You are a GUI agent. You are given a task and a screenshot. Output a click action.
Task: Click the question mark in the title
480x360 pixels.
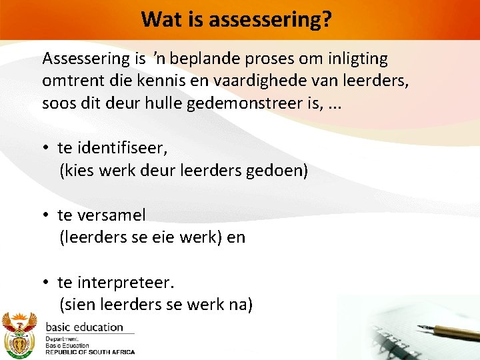(327, 19)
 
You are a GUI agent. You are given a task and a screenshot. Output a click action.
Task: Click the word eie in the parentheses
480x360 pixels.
(159, 237)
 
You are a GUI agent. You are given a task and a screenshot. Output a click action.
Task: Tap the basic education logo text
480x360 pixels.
(84, 327)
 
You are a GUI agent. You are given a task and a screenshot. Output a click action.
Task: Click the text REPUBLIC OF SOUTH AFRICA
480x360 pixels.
(89, 351)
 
